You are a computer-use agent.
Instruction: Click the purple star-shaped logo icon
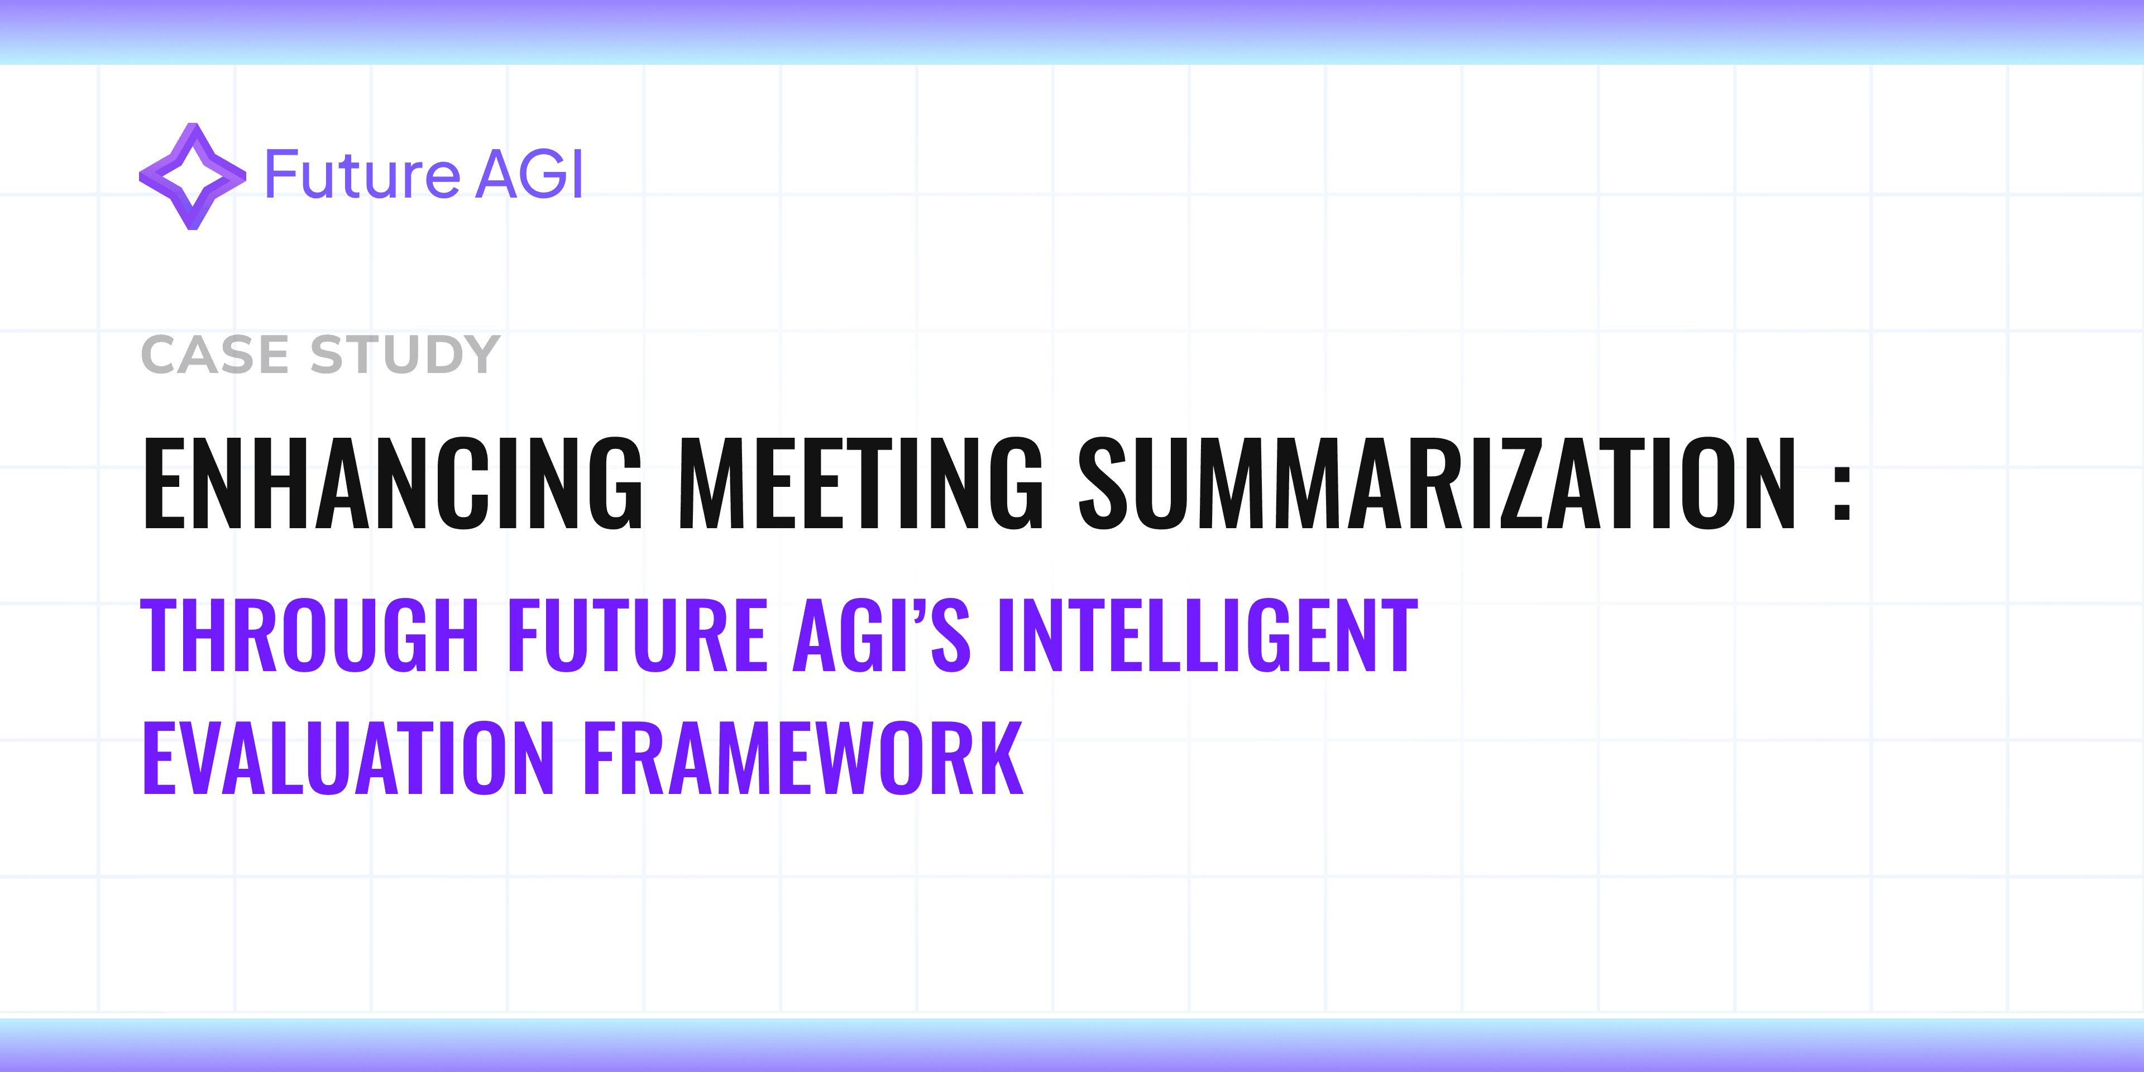[x=192, y=176]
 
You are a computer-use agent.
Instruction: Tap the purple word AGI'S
[x=880, y=636]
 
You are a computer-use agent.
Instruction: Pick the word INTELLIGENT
[x=1207, y=636]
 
